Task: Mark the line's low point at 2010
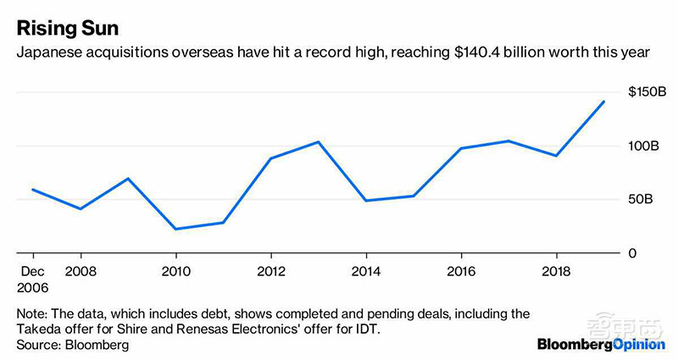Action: coord(175,229)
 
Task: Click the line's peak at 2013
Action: coord(318,141)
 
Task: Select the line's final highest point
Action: coord(603,102)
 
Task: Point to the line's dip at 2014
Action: coord(365,201)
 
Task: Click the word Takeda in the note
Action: coord(36,327)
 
